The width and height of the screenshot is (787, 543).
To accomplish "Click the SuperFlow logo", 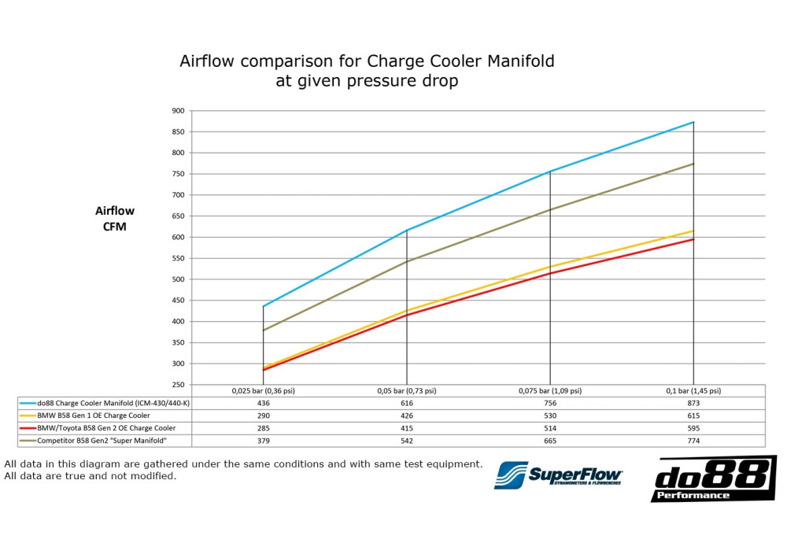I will tap(558, 475).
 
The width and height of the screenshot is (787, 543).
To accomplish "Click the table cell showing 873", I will tap(693, 403).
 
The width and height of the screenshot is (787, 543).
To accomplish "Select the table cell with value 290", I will tap(263, 416).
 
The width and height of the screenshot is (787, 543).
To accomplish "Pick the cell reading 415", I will tap(406, 428).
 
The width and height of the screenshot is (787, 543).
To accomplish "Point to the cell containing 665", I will tap(549, 441).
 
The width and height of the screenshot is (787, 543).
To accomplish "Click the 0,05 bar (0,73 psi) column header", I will tap(406, 390).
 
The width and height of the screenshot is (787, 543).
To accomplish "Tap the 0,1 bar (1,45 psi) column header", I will tap(693, 390).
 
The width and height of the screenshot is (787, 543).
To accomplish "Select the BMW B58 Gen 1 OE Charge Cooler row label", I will tap(93, 416).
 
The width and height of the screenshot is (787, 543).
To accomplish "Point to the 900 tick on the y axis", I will tap(178, 111).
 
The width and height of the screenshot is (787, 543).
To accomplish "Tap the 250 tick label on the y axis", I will tap(178, 385).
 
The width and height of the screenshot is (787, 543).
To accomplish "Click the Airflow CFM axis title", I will tap(115, 219).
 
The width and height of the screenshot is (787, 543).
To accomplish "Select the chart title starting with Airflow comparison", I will tap(366, 71).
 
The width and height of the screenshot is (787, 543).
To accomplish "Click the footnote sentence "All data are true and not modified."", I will tap(91, 476).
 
